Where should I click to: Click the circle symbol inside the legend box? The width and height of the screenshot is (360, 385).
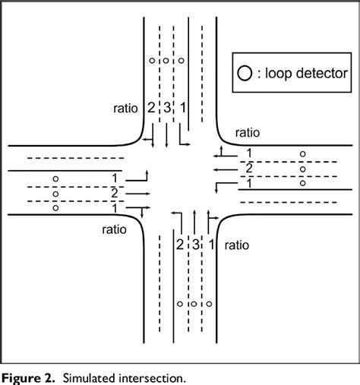pos(244,74)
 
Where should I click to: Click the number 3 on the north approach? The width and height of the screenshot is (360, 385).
pos(166,108)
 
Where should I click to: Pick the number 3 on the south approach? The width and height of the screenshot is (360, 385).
pos(195,245)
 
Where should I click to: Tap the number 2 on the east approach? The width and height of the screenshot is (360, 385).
pos(248,169)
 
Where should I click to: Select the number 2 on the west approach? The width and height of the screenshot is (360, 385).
pos(114,192)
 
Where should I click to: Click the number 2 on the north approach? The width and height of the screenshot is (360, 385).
pos(151,108)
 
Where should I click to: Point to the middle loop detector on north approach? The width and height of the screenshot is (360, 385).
pos(166,60)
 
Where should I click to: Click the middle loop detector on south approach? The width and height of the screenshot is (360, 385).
pos(194,304)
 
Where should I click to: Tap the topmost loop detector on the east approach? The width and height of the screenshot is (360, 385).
pos(302,155)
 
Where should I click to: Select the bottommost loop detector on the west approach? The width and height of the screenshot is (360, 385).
pos(55,207)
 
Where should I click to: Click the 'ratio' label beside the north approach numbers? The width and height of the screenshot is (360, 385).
pos(125,108)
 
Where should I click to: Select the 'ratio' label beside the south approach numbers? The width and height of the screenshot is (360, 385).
pos(237,245)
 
